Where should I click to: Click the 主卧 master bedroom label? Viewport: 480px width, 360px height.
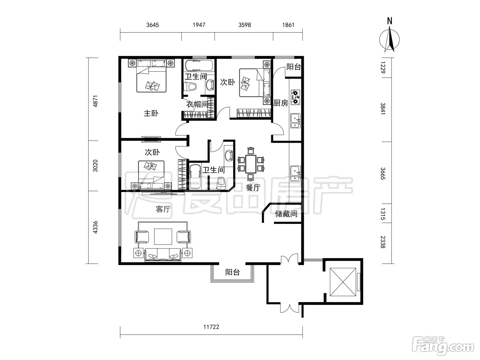click(x=151, y=113)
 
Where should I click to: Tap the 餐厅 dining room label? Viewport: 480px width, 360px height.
click(x=253, y=188)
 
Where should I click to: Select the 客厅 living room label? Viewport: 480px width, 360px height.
click(x=163, y=209)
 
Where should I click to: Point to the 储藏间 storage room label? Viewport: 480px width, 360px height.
click(x=286, y=214)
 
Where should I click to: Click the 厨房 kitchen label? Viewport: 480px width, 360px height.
click(x=281, y=103)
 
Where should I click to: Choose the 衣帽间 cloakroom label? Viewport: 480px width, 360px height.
click(x=196, y=104)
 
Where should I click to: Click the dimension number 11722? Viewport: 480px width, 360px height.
click(x=211, y=327)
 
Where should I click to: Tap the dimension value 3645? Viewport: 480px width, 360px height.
click(x=153, y=25)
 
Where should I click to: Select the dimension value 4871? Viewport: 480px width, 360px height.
click(x=95, y=101)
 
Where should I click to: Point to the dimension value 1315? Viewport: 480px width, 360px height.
click(x=383, y=214)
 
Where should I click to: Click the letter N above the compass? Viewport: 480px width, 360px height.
click(x=389, y=21)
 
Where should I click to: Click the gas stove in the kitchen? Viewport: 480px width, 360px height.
click(x=295, y=97)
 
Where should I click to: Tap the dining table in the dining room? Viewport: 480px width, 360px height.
click(x=251, y=164)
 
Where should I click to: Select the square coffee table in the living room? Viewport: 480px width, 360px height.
click(x=163, y=237)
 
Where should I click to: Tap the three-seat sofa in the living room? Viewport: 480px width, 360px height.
click(x=163, y=255)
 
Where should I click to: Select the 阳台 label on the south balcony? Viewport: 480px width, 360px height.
click(x=232, y=272)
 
